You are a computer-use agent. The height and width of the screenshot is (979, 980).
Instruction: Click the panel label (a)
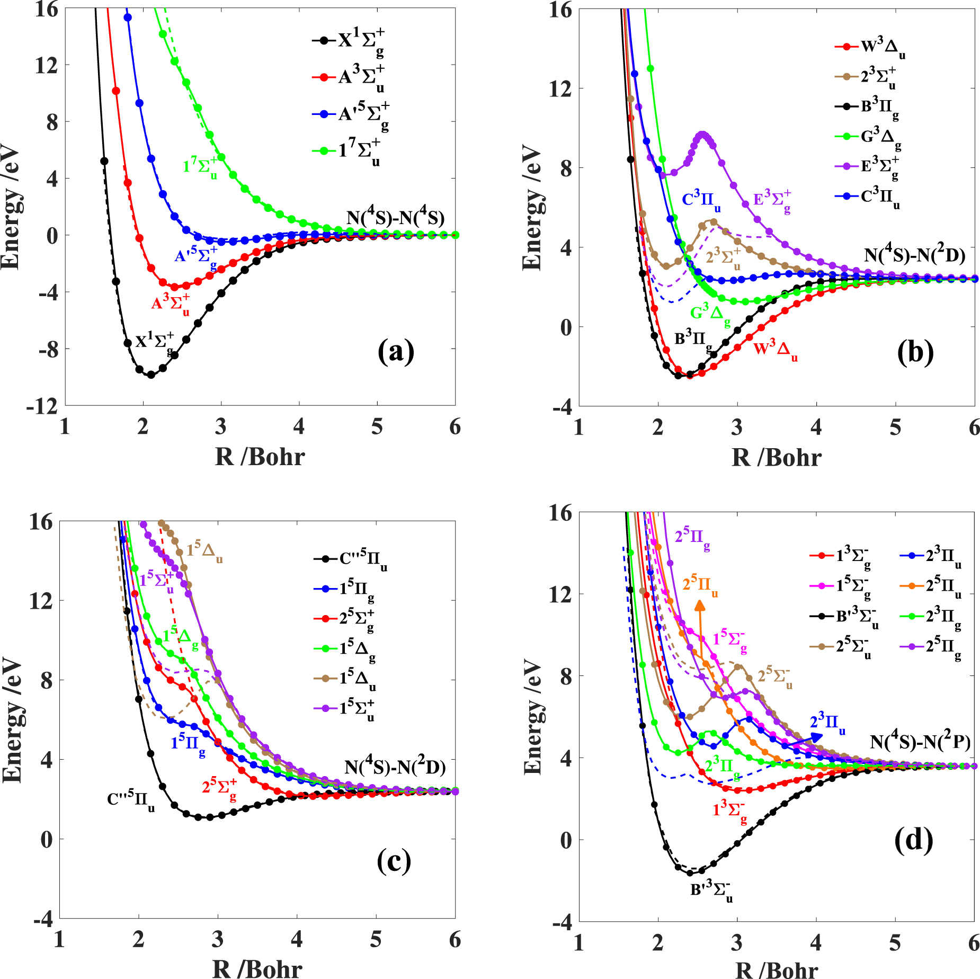pyautogui.click(x=396, y=352)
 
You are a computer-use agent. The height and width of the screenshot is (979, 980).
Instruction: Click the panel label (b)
pyautogui.click(x=915, y=352)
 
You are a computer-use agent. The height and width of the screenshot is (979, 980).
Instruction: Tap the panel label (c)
pyautogui.click(x=394, y=861)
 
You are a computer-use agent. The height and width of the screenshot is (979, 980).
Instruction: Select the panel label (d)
pyautogui.click(x=913, y=840)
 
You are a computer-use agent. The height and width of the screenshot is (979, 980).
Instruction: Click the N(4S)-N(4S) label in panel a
pyautogui.click(x=395, y=218)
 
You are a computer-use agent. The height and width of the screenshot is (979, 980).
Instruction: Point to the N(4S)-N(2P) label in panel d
pyautogui.click(x=920, y=742)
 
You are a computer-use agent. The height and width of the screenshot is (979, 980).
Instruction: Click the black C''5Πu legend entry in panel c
pyautogui.click(x=350, y=559)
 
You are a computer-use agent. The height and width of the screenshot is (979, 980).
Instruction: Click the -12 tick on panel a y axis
pyautogui.click(x=42, y=407)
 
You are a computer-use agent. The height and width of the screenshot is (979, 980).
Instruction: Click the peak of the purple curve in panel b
pyautogui.click(x=703, y=135)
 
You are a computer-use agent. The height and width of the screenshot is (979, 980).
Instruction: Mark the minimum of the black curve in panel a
pyautogui.click(x=151, y=375)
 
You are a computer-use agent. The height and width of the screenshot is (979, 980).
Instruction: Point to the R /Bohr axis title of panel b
pyautogui.click(x=776, y=457)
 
